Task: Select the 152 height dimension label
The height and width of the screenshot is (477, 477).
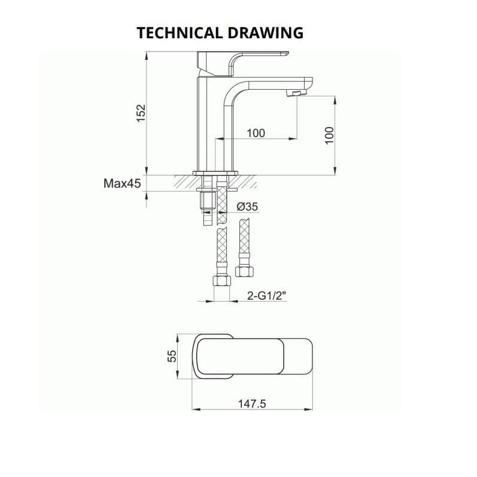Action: pos(140,113)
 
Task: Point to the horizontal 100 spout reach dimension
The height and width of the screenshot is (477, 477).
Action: pos(256,133)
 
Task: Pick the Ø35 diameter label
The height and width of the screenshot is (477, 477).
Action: pos(247,206)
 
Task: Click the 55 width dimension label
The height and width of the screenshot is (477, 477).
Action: pos(172,356)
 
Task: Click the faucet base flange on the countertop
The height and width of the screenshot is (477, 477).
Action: pos(215,173)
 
